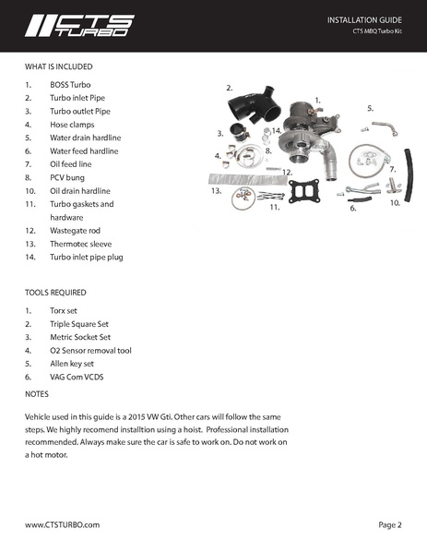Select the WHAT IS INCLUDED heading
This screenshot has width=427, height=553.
pos(58,66)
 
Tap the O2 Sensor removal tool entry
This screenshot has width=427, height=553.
pos(91,351)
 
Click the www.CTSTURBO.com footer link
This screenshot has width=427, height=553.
pos(62,524)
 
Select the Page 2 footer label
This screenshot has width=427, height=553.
pos(390,524)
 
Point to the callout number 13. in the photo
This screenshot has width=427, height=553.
pos(216,191)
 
